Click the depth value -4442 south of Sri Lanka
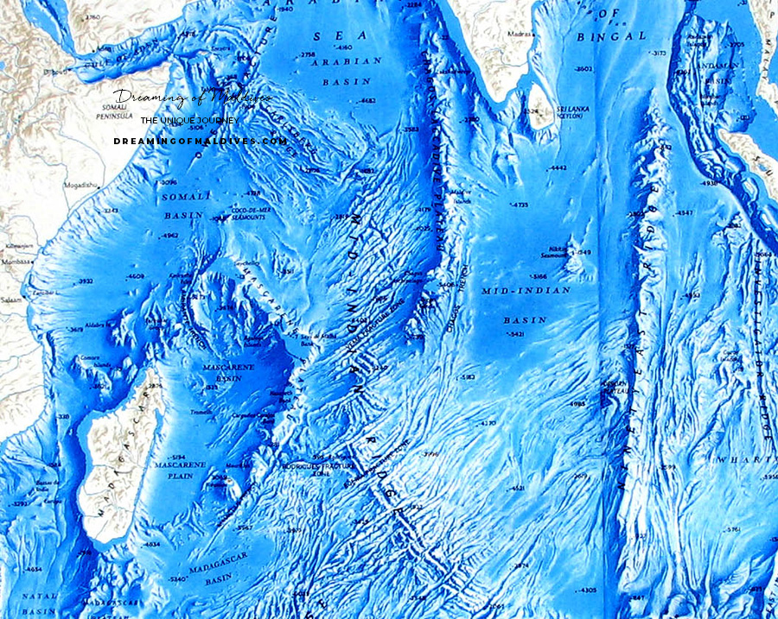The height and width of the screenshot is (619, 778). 558,167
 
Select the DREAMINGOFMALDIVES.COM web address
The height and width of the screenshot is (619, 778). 200,141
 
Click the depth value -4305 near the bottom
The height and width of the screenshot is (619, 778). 586,590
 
